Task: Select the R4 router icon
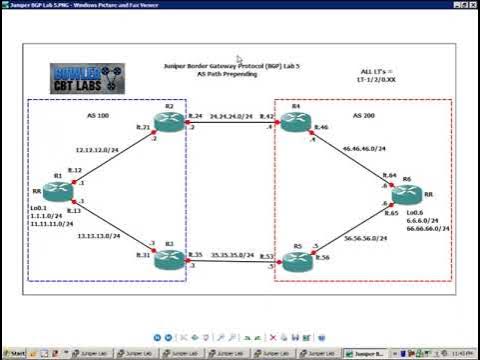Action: tap(294, 122)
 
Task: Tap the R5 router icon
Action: tap(295, 262)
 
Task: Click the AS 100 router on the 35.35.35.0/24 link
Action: tap(169, 258)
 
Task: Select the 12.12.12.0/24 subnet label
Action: tap(97, 150)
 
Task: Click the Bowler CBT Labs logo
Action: tap(87, 78)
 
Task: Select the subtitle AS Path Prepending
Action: tap(226, 74)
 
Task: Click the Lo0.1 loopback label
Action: tap(41, 209)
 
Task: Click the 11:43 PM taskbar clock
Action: tap(464, 353)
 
